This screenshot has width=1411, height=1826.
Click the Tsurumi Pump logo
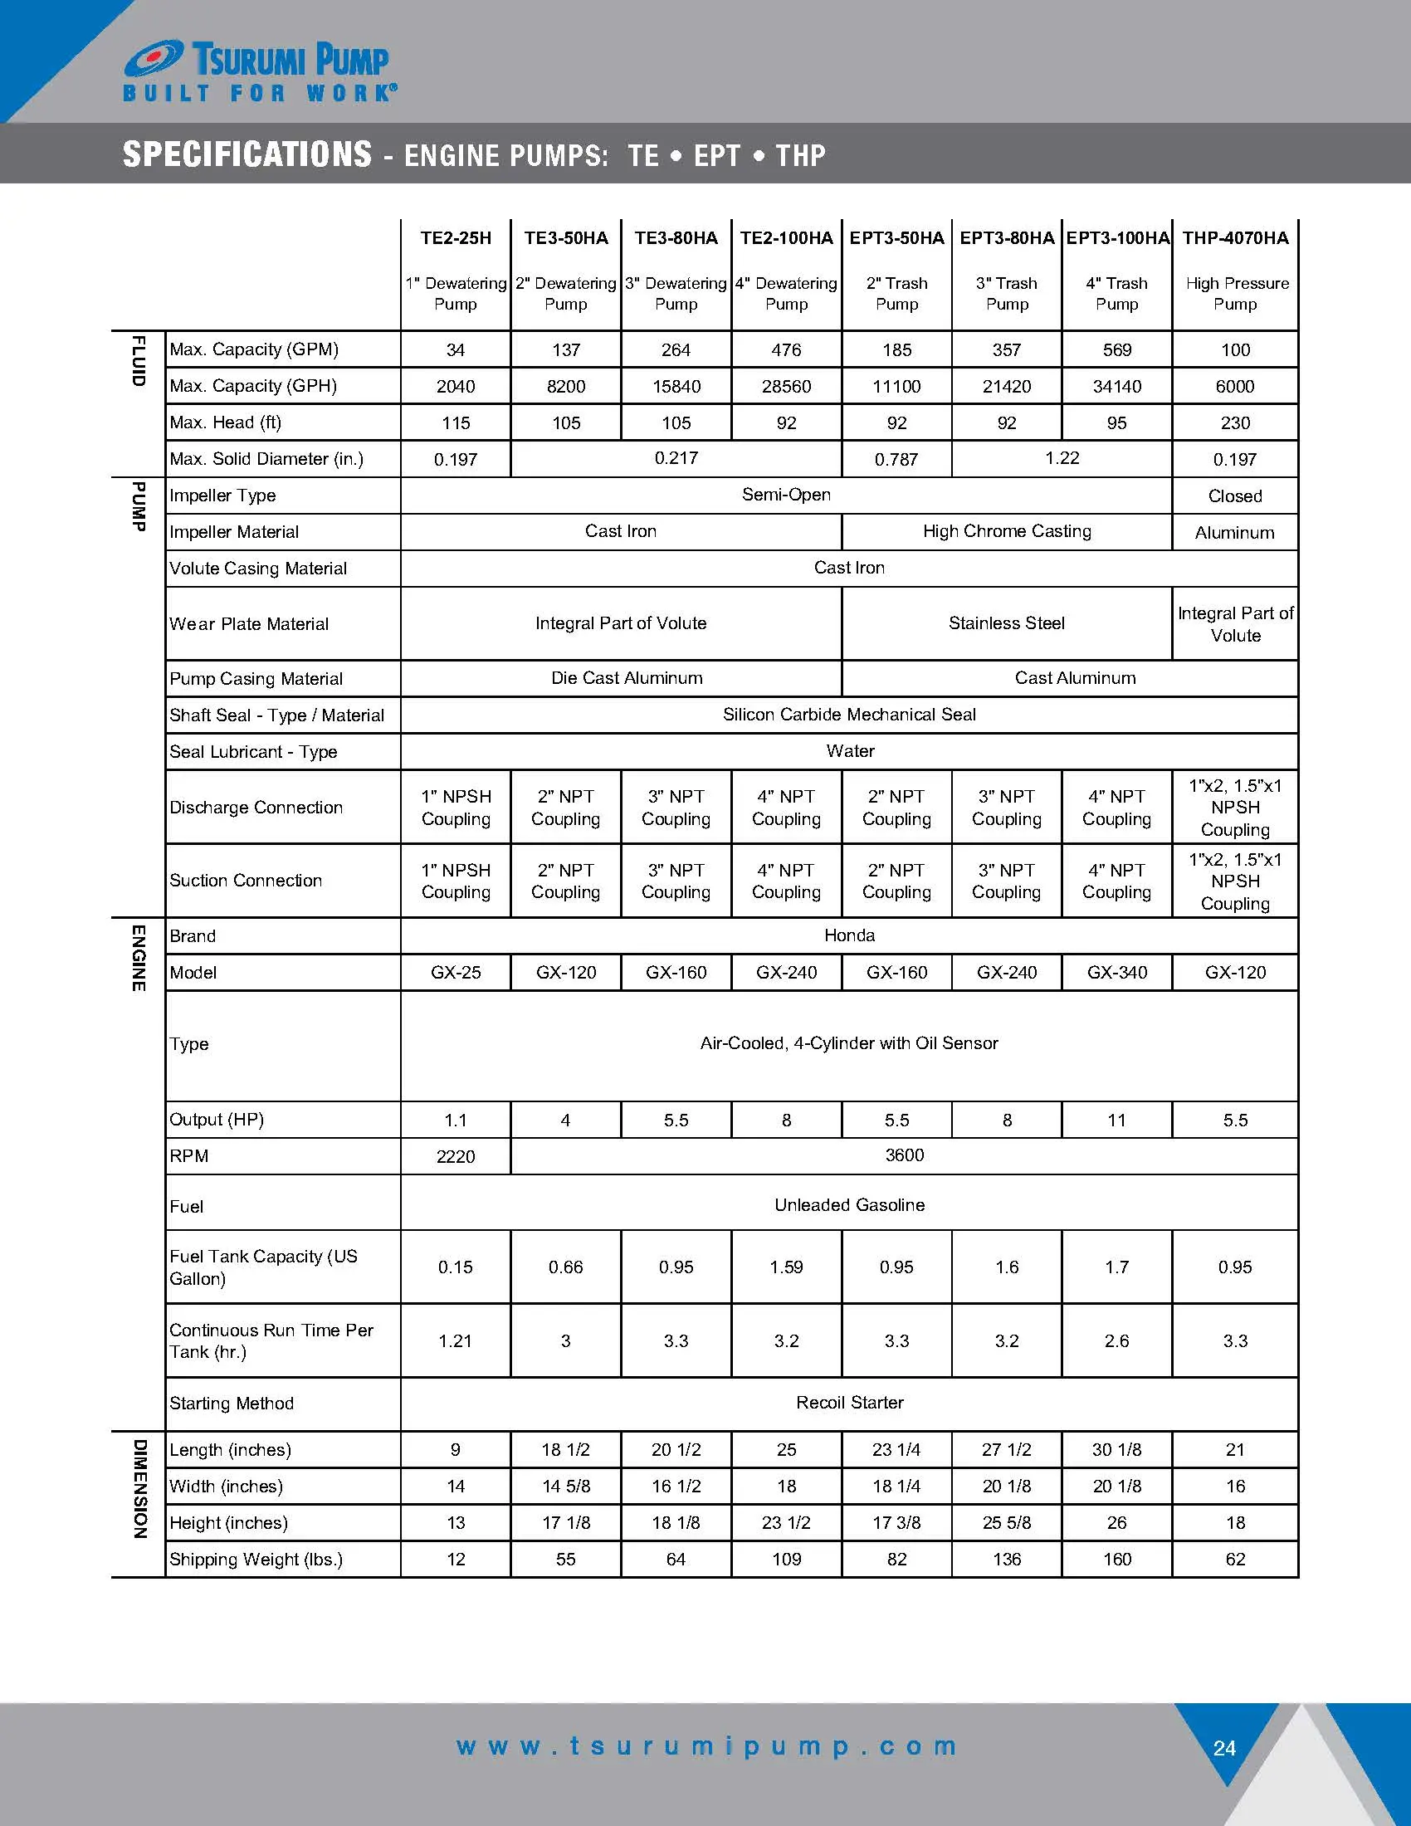point(259,72)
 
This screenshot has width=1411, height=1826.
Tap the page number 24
point(1224,1748)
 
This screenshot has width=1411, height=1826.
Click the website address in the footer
point(706,1746)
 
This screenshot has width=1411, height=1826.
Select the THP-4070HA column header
point(1235,238)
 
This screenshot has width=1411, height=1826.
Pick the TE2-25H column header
point(456,238)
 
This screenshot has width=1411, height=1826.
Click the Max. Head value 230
point(1235,423)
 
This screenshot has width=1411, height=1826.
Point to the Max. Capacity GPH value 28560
point(786,386)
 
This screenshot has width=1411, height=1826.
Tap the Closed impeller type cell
point(1235,496)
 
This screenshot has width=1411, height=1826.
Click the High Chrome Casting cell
point(1007,532)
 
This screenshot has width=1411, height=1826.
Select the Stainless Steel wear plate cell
point(1007,623)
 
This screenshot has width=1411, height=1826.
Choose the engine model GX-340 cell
point(1116,973)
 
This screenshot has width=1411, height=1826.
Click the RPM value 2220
point(456,1156)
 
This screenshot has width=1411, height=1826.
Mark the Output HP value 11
point(1116,1120)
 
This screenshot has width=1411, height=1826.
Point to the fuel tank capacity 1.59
point(786,1267)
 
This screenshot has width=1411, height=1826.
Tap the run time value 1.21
point(456,1341)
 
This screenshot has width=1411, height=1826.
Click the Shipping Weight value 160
point(1116,1560)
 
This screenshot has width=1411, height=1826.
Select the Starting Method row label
point(232,1404)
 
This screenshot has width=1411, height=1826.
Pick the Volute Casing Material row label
point(257,569)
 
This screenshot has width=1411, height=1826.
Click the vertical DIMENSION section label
point(139,1488)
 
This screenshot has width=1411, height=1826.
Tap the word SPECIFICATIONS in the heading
point(247,154)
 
